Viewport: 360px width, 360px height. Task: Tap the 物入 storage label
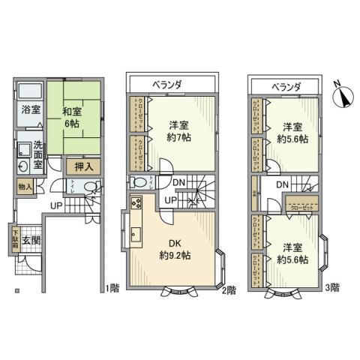[23, 186]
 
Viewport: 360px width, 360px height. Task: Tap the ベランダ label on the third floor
[285, 87]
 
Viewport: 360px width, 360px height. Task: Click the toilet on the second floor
[139, 181]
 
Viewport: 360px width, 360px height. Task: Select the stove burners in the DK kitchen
[136, 202]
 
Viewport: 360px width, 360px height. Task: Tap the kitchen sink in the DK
[136, 235]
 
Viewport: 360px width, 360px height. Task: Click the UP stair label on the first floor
[57, 205]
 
